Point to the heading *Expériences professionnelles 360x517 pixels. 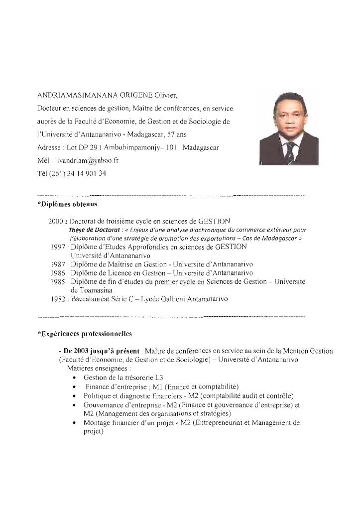(85, 333)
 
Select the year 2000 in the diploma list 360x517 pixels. (55, 221)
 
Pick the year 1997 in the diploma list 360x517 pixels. (59, 247)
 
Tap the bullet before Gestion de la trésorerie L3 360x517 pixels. (74, 378)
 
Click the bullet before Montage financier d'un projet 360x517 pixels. (74, 423)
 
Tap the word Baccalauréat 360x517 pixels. (93, 299)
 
